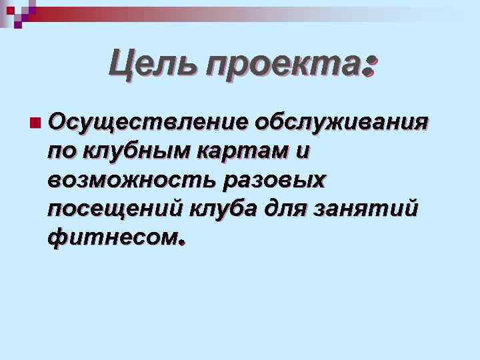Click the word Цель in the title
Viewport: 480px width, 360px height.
153,65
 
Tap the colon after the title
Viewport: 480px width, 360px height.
371,66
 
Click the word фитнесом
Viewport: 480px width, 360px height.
112,237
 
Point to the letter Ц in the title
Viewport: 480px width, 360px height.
123,65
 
